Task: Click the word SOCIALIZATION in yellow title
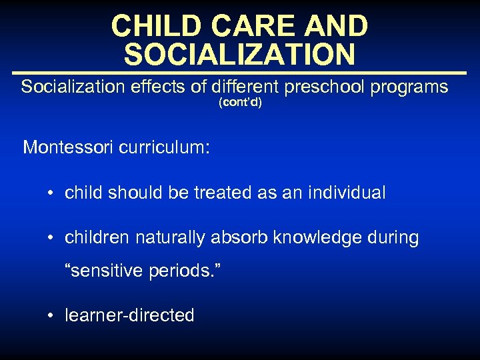click(239, 54)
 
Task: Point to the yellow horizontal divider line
click(239, 72)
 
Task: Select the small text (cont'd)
click(240, 103)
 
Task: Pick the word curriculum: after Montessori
click(164, 147)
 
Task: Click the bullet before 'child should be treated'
click(51, 194)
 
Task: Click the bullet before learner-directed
click(51, 315)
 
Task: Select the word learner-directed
click(129, 315)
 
